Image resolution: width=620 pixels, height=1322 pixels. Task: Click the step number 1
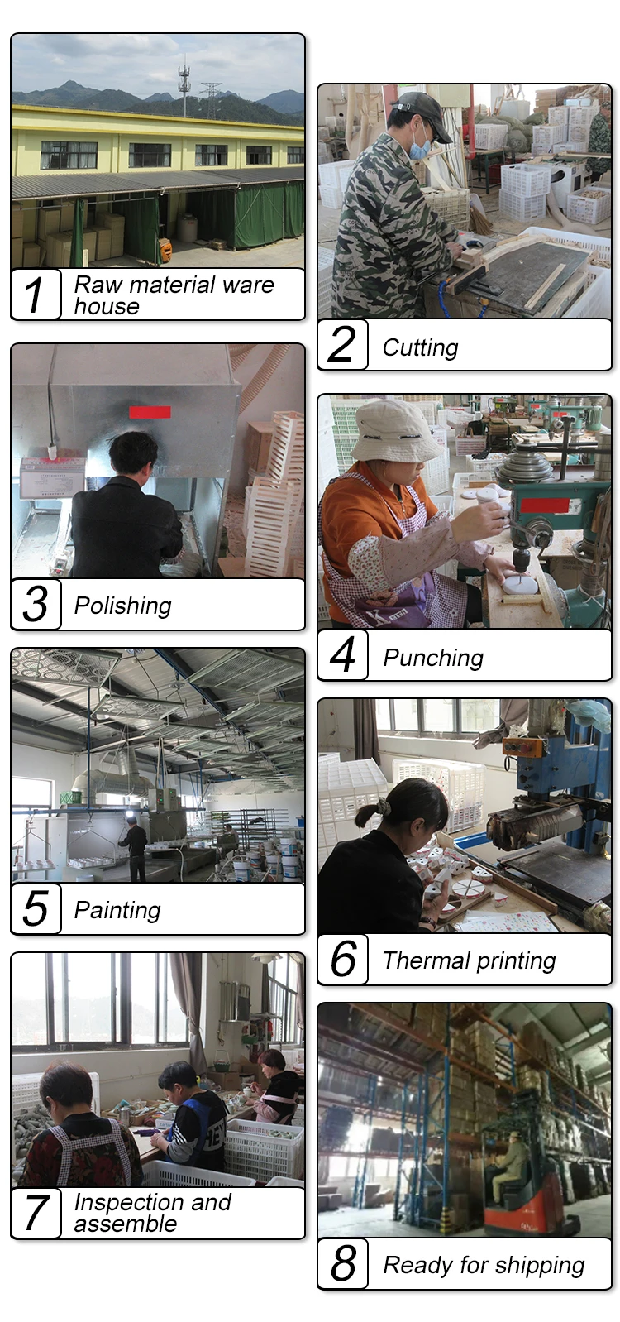34,294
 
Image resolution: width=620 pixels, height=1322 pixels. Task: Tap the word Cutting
420,347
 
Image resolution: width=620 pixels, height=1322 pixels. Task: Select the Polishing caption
122,606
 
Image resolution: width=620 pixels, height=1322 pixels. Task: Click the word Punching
433,658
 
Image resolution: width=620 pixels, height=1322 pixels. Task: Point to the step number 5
36,909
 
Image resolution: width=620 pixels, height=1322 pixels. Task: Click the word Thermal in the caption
426,960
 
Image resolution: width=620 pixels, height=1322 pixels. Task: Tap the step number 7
36,1213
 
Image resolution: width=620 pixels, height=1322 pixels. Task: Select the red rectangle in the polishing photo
150,412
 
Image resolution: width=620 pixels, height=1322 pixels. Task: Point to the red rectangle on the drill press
544,505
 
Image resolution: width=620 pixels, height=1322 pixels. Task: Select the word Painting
117,910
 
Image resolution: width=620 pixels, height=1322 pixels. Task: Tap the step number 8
343,1263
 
